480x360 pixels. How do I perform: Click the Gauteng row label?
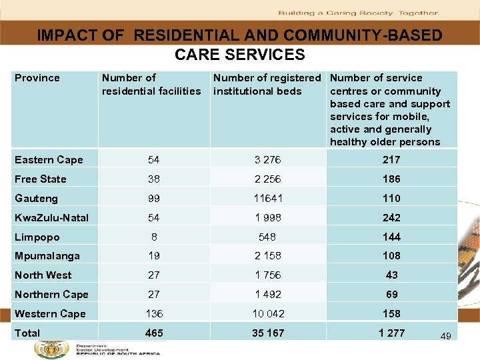[x=36, y=199]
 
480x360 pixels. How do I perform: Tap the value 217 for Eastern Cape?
[x=391, y=159]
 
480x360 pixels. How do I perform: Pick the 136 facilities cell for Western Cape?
[x=154, y=313]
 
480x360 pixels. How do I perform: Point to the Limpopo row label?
[x=37, y=237]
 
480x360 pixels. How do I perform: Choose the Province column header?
[x=37, y=78]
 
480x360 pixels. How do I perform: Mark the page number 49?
[x=445, y=336]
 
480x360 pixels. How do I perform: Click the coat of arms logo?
[x=47, y=349]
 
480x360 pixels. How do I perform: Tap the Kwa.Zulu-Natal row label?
[x=51, y=218]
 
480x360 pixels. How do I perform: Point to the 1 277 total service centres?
[x=391, y=333]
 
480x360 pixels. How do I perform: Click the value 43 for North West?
[x=391, y=275]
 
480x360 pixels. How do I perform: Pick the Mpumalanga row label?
[x=47, y=256]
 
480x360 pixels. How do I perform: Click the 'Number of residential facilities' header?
[x=151, y=85]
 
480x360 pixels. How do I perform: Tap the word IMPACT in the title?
[x=65, y=35]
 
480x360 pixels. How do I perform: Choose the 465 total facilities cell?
[x=154, y=333]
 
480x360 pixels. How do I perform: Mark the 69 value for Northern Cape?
[x=391, y=294]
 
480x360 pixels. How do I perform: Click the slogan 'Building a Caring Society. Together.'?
[x=359, y=13]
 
